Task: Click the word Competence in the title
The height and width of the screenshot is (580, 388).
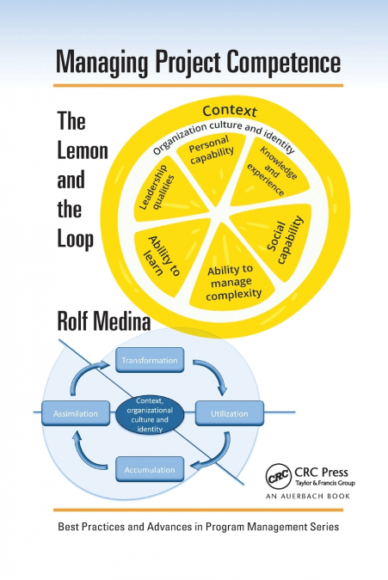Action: pos(274,64)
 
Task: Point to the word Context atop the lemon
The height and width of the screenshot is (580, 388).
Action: pos(230,113)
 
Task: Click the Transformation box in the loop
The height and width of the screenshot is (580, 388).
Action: pos(149,361)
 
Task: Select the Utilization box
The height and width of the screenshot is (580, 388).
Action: pos(229,413)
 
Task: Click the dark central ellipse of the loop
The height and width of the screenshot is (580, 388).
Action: pos(149,414)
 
